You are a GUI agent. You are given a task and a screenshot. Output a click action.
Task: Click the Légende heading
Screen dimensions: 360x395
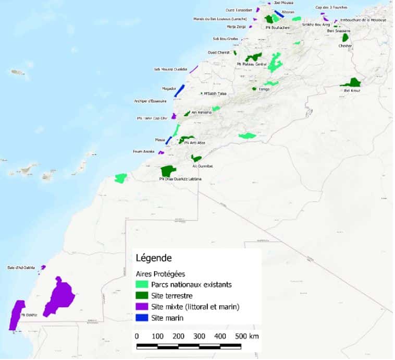point(153,258)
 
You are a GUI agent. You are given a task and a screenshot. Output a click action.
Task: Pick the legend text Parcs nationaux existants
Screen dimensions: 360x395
point(191,285)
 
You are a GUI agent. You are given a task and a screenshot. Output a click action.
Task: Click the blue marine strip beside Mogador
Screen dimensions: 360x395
point(179,90)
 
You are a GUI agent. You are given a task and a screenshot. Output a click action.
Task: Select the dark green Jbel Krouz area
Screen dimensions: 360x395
point(351,83)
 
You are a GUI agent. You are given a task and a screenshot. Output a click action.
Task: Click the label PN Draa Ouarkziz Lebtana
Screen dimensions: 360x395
point(180,179)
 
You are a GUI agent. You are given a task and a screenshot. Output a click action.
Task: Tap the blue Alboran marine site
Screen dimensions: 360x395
point(279,14)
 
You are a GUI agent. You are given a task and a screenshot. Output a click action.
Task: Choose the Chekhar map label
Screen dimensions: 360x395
point(345,45)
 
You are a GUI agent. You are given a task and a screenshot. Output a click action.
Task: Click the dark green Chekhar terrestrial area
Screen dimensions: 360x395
point(345,38)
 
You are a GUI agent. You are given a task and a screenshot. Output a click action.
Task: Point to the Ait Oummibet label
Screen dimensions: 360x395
point(203,166)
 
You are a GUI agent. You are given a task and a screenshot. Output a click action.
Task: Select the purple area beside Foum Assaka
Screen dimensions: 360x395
point(162,153)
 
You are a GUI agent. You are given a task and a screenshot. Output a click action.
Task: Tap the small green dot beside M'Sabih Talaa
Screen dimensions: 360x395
point(201,94)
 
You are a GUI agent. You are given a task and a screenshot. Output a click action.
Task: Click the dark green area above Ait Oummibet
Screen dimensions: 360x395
point(196,158)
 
